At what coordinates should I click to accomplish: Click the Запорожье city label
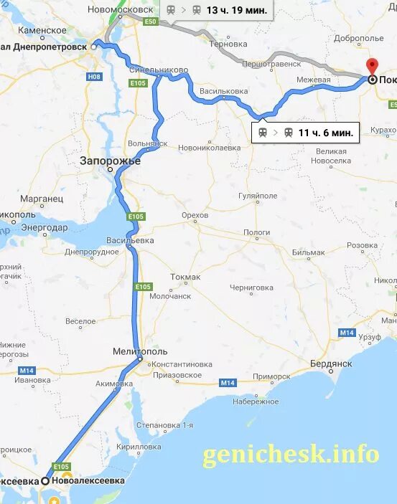coord(111,161)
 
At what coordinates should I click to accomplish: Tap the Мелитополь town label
coord(140,351)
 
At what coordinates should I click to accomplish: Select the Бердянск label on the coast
coord(332,363)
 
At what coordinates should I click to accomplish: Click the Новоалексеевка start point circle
coord(46,481)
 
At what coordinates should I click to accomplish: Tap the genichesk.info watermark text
coord(290,454)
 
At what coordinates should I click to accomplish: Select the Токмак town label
coord(186,277)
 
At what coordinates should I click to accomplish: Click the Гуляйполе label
coord(258,195)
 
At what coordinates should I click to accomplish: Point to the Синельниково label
coord(159,70)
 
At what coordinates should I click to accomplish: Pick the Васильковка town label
coord(224,91)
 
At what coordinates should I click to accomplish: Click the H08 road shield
coord(93,77)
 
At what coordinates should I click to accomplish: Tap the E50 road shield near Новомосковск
coord(149,22)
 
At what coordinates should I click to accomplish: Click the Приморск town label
coord(272,376)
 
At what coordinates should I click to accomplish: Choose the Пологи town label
coord(256,232)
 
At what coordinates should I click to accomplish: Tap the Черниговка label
coord(251,287)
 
